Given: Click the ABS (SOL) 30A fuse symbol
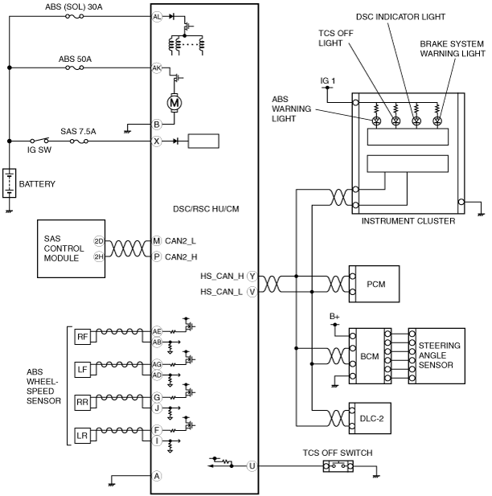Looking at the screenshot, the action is [x=74, y=16].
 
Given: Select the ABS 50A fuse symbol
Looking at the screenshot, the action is [x=74, y=68].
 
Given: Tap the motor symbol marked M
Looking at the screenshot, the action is [x=174, y=102].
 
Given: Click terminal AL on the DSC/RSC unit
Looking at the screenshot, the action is [x=157, y=16].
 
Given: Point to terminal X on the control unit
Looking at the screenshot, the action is [x=157, y=141].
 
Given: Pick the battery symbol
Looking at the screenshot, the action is [x=9, y=183].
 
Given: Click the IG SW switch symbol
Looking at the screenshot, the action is [x=39, y=140].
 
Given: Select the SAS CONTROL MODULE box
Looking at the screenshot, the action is [x=72, y=248].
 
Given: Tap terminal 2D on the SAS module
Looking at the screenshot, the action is [x=99, y=241].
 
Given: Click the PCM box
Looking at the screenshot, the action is [x=374, y=284].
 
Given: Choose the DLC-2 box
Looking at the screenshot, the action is [x=370, y=418].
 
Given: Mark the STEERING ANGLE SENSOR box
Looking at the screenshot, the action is [x=437, y=356].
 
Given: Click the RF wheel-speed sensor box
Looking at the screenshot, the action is [x=83, y=337].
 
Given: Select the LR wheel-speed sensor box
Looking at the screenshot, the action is [x=83, y=436].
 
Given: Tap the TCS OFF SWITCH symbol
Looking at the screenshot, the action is [x=338, y=466].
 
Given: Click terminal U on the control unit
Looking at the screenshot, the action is [x=252, y=466].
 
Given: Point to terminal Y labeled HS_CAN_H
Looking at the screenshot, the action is [x=252, y=277].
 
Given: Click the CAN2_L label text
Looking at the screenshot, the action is [x=180, y=241].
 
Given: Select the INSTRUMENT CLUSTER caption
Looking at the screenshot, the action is [x=408, y=221].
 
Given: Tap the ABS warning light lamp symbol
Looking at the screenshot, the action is [x=376, y=121].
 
